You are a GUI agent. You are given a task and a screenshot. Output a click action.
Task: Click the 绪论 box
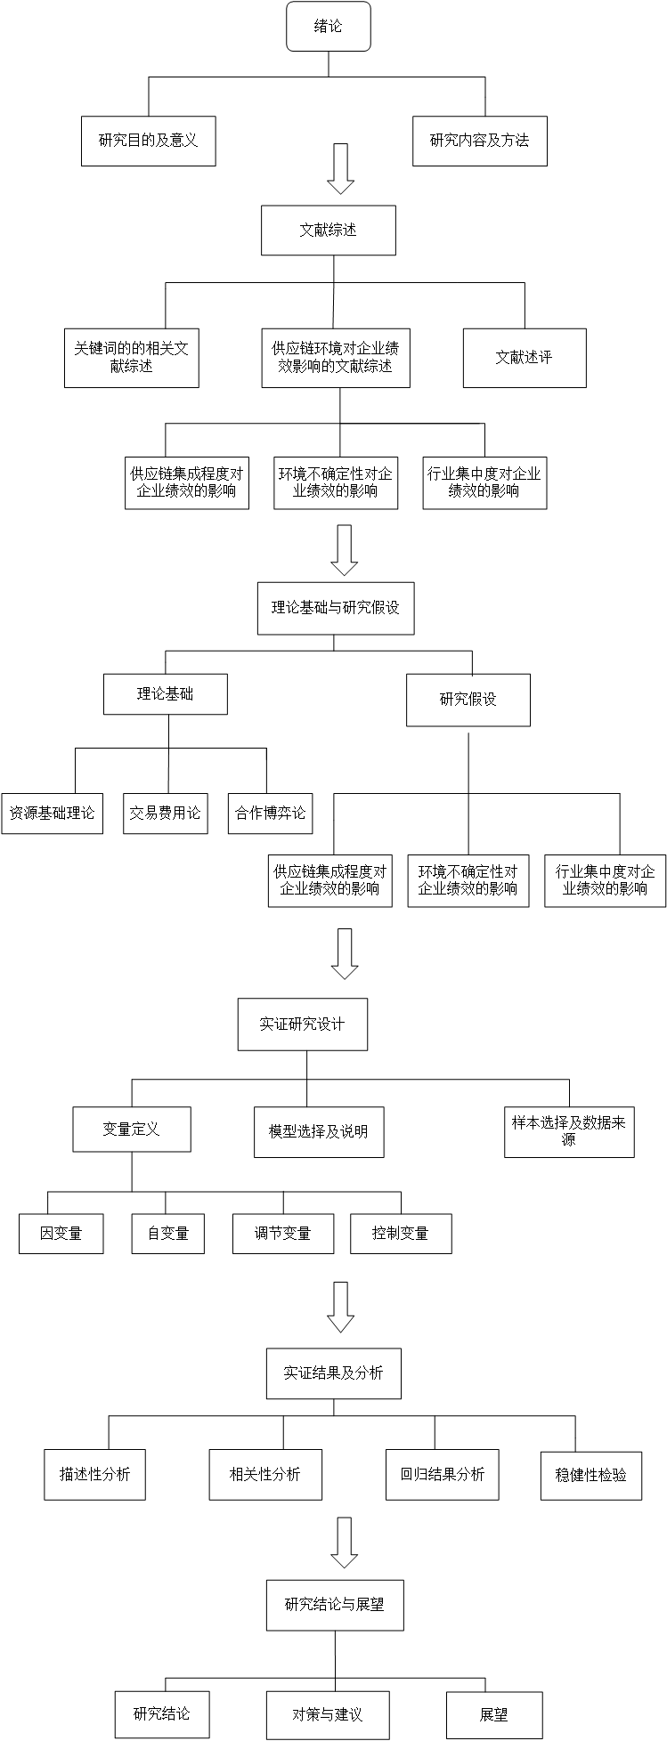[x=328, y=27]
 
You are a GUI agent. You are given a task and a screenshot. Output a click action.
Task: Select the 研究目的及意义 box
[x=148, y=141]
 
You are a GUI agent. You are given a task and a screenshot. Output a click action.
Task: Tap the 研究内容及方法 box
[x=479, y=141]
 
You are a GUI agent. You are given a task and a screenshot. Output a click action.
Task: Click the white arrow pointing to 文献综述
[x=341, y=169]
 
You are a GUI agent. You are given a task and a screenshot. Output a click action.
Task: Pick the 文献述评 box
[x=525, y=358]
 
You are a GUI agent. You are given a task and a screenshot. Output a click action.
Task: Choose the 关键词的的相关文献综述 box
[x=131, y=358]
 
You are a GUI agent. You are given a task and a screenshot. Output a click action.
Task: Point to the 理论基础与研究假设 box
[x=336, y=608]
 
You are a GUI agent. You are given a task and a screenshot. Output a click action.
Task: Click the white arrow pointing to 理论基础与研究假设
[x=345, y=550]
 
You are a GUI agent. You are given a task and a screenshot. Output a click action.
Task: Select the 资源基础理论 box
[x=52, y=814]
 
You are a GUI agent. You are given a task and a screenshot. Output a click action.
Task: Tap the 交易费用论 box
[x=165, y=814]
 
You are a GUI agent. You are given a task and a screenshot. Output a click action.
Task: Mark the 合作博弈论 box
[x=270, y=814]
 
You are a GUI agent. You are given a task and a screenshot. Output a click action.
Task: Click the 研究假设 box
[x=468, y=700]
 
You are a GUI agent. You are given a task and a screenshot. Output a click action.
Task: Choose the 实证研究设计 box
[x=302, y=1024]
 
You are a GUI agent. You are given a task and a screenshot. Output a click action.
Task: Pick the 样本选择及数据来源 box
[x=569, y=1131]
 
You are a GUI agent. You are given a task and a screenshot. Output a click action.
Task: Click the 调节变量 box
[x=283, y=1234]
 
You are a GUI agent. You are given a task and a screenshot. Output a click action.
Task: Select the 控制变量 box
[x=401, y=1234]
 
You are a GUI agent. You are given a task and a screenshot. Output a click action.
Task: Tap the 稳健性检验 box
[x=590, y=1475]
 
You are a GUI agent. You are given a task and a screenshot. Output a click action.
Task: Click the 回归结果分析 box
[x=442, y=1474]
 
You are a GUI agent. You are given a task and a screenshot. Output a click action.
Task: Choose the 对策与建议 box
[x=328, y=1715]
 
